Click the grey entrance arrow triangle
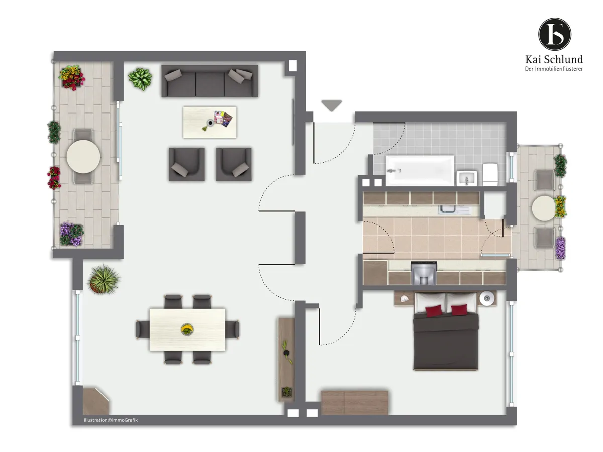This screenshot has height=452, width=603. (x=331, y=105)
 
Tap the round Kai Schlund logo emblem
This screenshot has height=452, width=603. (x=554, y=34)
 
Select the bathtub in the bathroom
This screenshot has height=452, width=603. (x=420, y=170)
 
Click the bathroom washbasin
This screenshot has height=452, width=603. (x=467, y=178)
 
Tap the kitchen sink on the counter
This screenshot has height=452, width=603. (x=454, y=210)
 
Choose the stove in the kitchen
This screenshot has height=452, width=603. (x=424, y=273)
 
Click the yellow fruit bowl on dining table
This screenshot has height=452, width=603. (x=187, y=329)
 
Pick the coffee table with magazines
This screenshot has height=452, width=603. (x=210, y=123)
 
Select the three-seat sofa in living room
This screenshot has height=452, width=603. (x=210, y=81)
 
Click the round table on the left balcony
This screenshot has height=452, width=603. (x=83, y=157)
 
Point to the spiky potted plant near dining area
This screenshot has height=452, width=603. (x=104, y=279)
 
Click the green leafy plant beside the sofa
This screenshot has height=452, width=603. (x=140, y=79)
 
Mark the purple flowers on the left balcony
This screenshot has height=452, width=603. (x=72, y=234)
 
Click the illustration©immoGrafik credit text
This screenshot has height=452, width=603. (x=111, y=420)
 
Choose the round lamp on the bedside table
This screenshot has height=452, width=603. (x=487, y=298)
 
